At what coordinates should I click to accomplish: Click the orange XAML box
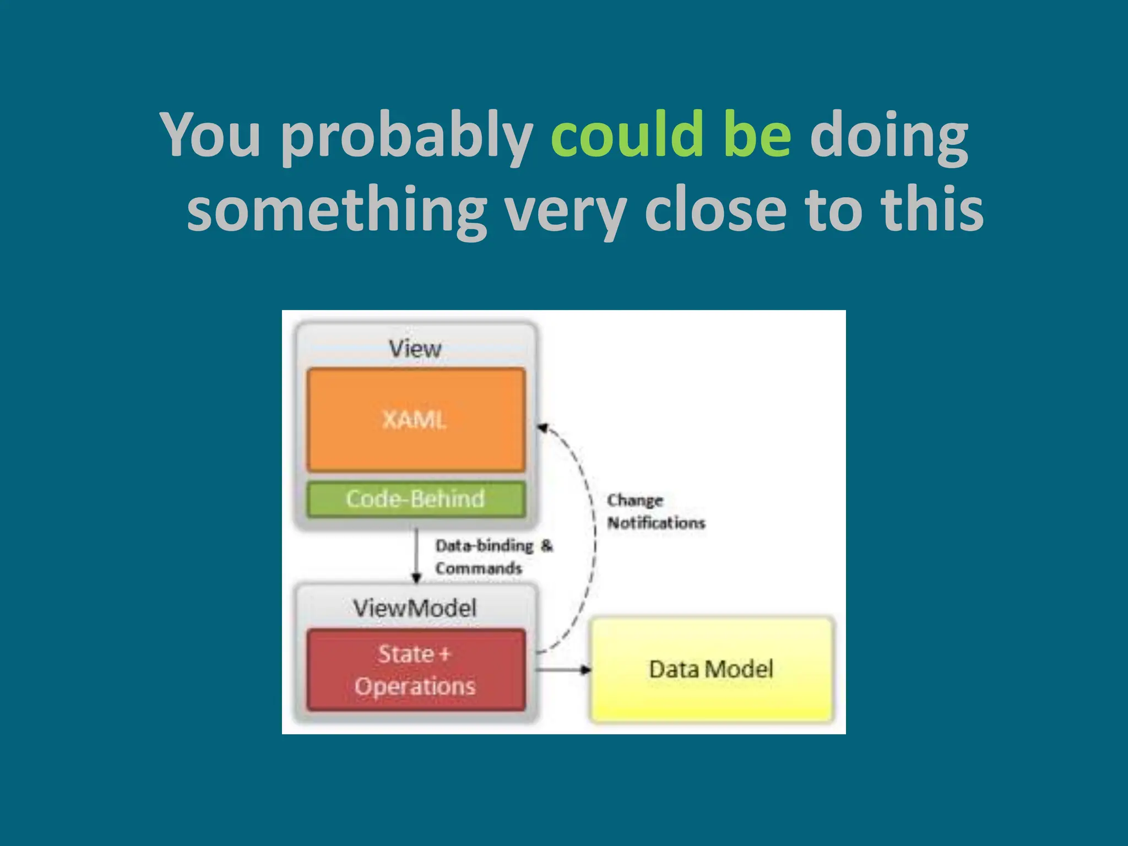tap(416, 420)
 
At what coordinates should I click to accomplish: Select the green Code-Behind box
tap(416, 499)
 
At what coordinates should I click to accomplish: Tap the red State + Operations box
tap(416, 670)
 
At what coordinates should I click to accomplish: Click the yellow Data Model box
tap(712, 669)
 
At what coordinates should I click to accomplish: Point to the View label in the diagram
tap(415, 349)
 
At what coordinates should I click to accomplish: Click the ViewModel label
tap(415, 608)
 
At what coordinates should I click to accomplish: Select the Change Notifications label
tap(655, 512)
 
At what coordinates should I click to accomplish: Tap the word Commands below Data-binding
tap(478, 568)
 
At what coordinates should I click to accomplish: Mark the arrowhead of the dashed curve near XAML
tap(543, 427)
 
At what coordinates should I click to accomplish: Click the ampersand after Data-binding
tap(546, 545)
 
